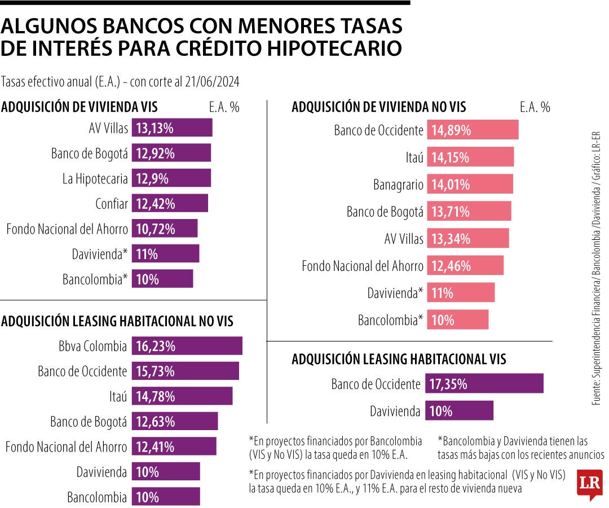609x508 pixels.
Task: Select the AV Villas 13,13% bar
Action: [x=172, y=128]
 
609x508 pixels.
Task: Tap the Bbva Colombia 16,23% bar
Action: [x=187, y=346]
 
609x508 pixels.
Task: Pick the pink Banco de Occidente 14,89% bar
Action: [x=473, y=130]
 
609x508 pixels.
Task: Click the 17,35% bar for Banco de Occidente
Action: [x=484, y=384]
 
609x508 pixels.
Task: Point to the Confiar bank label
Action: [x=112, y=204]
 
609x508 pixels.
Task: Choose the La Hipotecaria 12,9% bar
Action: [x=171, y=178]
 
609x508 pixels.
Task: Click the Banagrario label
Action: [x=398, y=185]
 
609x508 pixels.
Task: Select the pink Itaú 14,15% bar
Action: [x=470, y=157]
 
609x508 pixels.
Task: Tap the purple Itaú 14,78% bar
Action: [x=182, y=396]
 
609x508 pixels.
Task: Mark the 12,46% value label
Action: [x=451, y=265]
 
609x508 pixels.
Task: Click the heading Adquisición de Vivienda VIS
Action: [x=80, y=107]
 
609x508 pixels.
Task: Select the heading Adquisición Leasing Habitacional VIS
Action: [x=399, y=359]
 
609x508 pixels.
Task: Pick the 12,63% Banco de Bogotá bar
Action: [x=174, y=422]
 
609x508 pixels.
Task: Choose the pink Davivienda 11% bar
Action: [x=460, y=293]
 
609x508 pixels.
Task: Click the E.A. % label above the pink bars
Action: [x=535, y=107]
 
